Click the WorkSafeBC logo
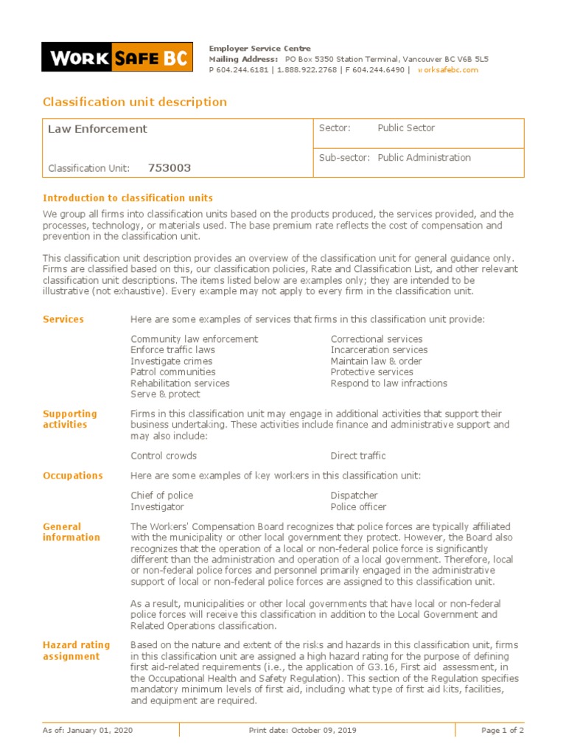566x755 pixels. click(x=117, y=58)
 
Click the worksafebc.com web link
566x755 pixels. click(x=448, y=70)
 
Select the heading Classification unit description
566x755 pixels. click(x=135, y=102)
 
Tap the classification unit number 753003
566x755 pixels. click(x=170, y=168)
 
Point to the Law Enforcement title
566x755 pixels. click(x=97, y=129)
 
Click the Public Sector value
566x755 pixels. click(x=406, y=128)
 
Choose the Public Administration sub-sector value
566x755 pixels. click(x=424, y=158)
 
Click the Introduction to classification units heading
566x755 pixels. click(x=127, y=198)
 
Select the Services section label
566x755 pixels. click(x=63, y=319)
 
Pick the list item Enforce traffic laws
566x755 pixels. click(x=172, y=350)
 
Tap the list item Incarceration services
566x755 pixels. click(x=379, y=350)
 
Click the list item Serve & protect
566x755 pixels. click(x=165, y=394)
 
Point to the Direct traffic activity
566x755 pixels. click(x=358, y=456)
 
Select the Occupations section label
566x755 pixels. click(x=73, y=476)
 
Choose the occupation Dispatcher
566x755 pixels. click(x=354, y=496)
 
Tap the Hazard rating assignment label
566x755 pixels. click(x=76, y=650)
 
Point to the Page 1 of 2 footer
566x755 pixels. click(x=502, y=731)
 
